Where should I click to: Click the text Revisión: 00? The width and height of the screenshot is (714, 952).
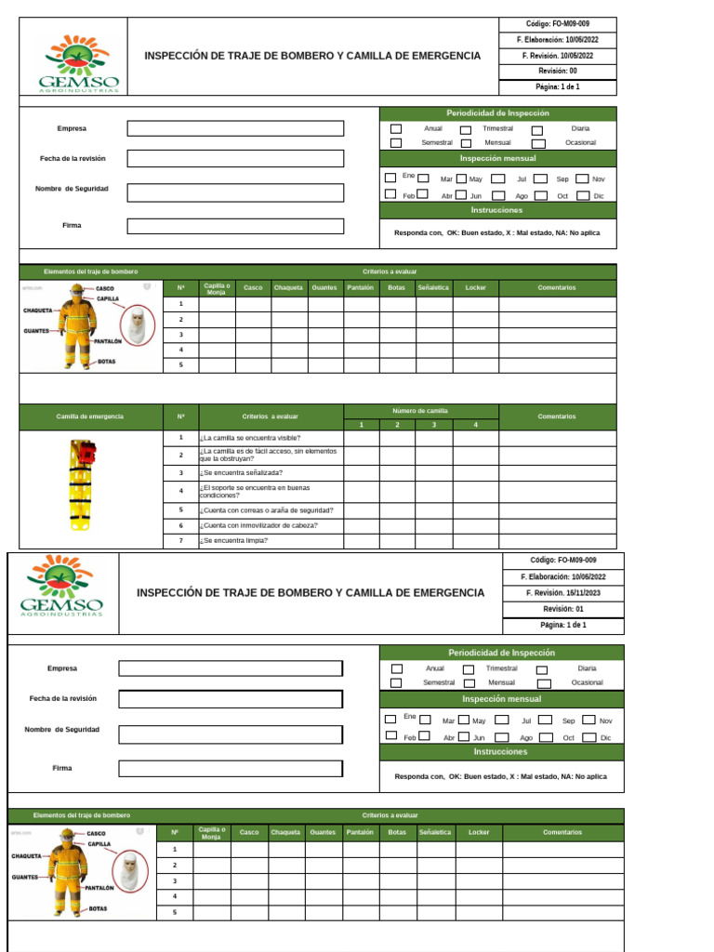[x=558, y=71]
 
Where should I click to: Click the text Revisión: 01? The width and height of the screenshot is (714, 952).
[x=562, y=609]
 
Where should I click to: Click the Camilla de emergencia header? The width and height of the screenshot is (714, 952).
[x=90, y=416]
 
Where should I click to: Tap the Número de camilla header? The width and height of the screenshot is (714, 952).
[x=420, y=410]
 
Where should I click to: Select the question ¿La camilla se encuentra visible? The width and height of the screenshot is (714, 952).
[x=250, y=438]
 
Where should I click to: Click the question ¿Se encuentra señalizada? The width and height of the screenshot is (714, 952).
[x=243, y=473]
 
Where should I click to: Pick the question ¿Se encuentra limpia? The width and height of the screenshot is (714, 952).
[x=233, y=540]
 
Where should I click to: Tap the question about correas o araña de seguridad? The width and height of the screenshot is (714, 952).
[x=267, y=510]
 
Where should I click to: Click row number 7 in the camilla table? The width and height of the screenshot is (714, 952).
[x=181, y=540]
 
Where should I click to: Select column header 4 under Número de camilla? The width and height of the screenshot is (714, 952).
[x=475, y=425]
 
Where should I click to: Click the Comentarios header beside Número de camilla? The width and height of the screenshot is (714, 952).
[x=557, y=416]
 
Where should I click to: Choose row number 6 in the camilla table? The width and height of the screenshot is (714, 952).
[x=181, y=525]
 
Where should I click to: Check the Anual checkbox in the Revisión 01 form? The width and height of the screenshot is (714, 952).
[x=397, y=668]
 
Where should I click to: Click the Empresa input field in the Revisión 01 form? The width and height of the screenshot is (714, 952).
[x=231, y=668]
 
